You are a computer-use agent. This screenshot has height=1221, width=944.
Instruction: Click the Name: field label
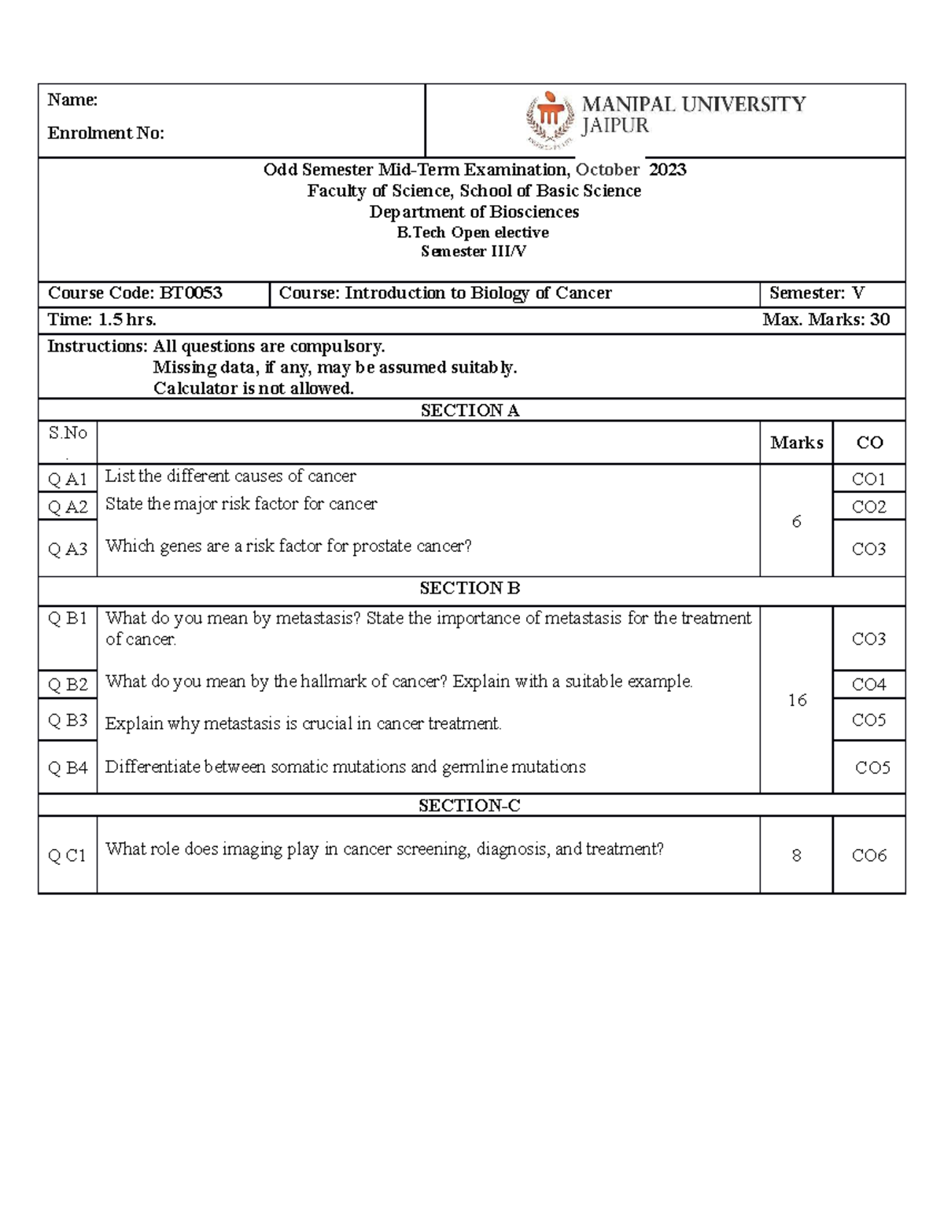pyautogui.click(x=72, y=100)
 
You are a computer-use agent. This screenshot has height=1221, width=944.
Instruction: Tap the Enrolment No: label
pyautogui.click(x=105, y=133)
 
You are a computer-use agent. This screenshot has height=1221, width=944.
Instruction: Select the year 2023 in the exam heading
pyautogui.click(x=667, y=170)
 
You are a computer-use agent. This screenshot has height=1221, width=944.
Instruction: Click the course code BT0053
pyautogui.click(x=191, y=293)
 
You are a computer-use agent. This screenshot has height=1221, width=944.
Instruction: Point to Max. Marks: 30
pyautogui.click(x=826, y=319)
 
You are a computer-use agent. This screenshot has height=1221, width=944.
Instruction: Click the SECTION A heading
pyautogui.click(x=470, y=410)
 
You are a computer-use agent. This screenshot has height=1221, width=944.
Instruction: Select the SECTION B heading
pyautogui.click(x=470, y=588)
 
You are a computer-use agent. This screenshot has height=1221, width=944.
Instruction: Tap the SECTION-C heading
pyautogui.click(x=470, y=805)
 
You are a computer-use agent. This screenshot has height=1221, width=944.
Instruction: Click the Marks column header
pyautogui.click(x=796, y=443)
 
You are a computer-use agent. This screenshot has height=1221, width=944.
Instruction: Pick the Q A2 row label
pyautogui.click(x=68, y=507)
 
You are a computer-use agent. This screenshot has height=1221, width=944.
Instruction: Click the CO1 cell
pyautogui.click(x=868, y=479)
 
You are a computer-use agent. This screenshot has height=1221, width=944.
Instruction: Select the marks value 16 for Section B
pyautogui.click(x=797, y=700)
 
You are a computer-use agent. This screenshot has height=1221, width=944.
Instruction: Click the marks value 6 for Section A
pyautogui.click(x=796, y=521)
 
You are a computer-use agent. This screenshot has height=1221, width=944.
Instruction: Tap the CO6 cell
pyautogui.click(x=868, y=855)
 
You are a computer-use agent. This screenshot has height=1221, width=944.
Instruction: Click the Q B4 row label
pyautogui.click(x=68, y=768)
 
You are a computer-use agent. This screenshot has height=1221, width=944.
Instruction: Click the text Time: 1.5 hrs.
pyautogui.click(x=102, y=319)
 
